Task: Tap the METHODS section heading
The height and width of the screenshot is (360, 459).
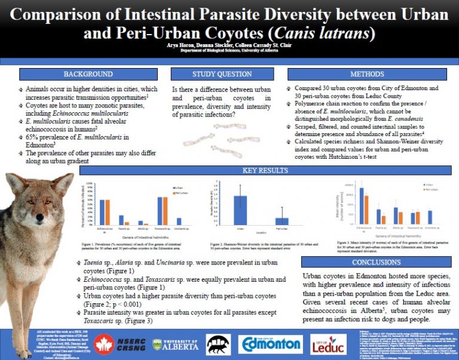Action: [x=368, y=74]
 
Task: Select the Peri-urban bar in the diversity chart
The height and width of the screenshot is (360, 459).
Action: [x=281, y=221]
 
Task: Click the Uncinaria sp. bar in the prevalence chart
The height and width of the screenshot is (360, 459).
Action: [x=179, y=221]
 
